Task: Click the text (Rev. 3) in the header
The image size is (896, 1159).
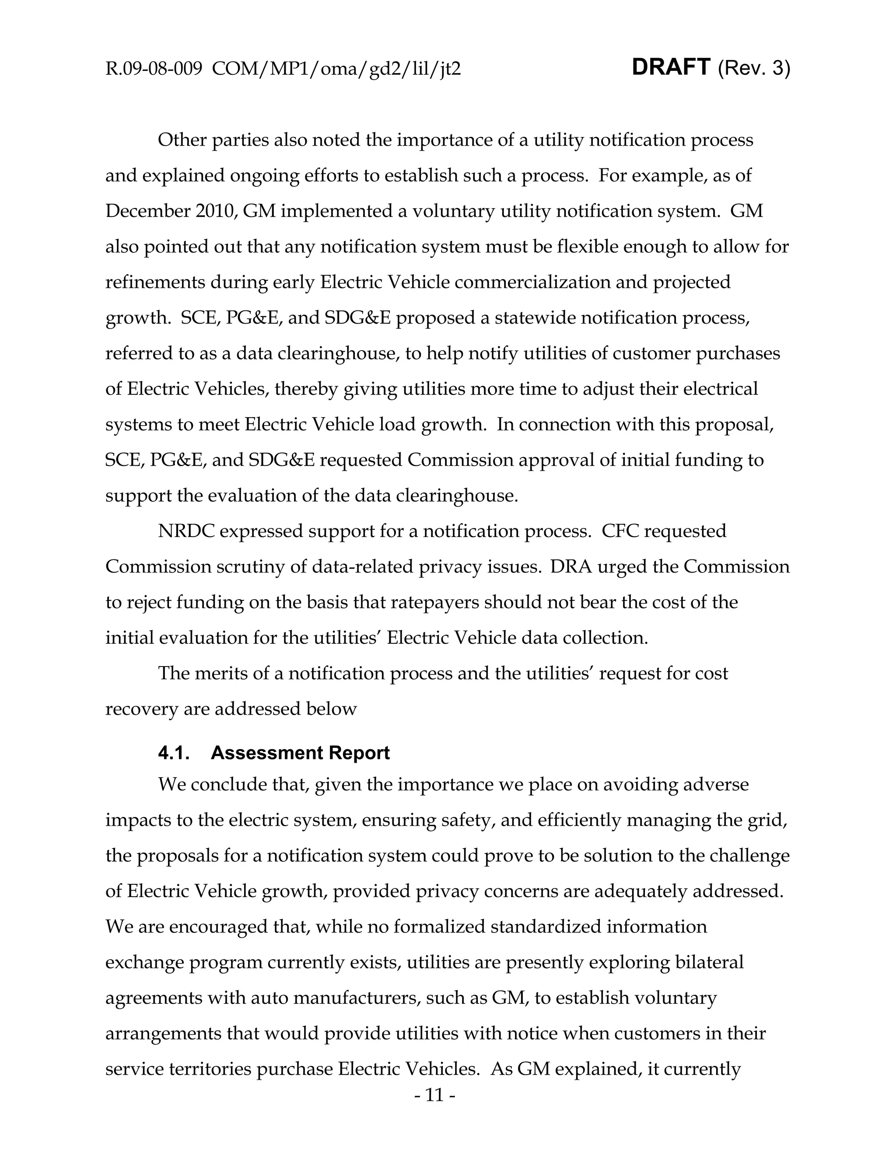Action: click(x=754, y=69)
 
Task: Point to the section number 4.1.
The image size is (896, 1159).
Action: click(x=174, y=753)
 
